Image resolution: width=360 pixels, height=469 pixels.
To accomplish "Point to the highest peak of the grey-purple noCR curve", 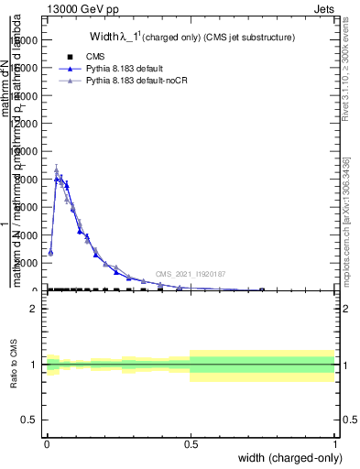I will [x=57, y=169].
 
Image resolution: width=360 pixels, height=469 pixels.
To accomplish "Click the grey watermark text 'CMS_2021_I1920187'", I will [x=191, y=274].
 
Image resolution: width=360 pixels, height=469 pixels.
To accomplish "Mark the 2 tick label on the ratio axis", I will [x=33, y=309].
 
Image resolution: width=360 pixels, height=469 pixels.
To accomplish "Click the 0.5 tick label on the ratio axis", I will [x=28, y=420].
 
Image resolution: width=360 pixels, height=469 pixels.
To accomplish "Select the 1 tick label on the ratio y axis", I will [x=33, y=365].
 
